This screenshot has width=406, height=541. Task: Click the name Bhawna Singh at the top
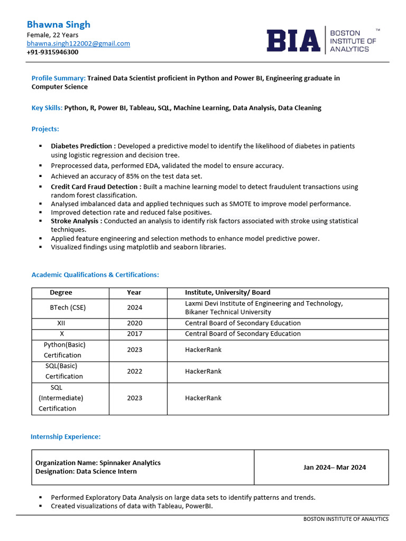pyautogui.click(x=59, y=24)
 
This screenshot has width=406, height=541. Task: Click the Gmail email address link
pyautogui.click(x=78, y=43)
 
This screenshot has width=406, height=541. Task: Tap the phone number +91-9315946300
pyautogui.click(x=52, y=52)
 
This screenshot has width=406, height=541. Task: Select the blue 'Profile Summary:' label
pyautogui.click(x=58, y=78)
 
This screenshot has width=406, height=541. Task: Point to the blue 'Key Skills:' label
pyautogui.click(x=47, y=108)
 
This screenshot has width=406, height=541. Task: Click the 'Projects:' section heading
pyautogui.click(x=45, y=129)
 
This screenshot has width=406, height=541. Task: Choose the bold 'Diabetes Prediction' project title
pyautogui.click(x=83, y=146)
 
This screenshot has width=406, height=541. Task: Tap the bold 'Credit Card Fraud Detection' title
pyautogui.click(x=96, y=187)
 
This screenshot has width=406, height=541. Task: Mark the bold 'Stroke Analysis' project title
pyautogui.click(x=76, y=221)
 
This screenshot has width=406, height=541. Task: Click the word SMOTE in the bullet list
pyautogui.click(x=240, y=204)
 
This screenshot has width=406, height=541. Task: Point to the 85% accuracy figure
pyautogui.click(x=124, y=176)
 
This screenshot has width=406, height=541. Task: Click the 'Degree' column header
pyautogui.click(x=61, y=292)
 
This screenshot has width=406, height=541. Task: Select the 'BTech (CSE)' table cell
pyautogui.click(x=67, y=307)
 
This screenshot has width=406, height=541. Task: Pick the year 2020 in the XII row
pyautogui.click(x=134, y=323)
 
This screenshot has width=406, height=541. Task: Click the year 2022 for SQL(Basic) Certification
pyautogui.click(x=134, y=371)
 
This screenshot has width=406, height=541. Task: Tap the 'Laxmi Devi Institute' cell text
pyautogui.click(x=263, y=303)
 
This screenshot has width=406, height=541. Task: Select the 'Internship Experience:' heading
pyautogui.click(x=66, y=436)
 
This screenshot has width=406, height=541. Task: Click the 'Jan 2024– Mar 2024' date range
pyautogui.click(x=334, y=467)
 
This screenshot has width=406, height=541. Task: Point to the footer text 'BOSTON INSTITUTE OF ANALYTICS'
pyautogui.click(x=346, y=519)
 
